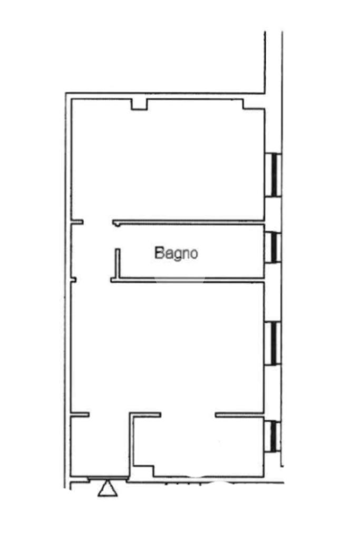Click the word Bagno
[x=176, y=254]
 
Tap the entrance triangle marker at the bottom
[x=108, y=488]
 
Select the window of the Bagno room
[x=273, y=247]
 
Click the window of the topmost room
[x=273, y=175]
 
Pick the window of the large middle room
[x=273, y=343]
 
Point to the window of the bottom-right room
[x=273, y=436]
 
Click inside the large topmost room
[x=168, y=160]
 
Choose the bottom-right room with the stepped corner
[x=199, y=446]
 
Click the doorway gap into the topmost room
[x=98, y=222]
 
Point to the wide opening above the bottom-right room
[x=188, y=414]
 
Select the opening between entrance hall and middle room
[x=110, y=414]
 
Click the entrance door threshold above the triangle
[x=108, y=478]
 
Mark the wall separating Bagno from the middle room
[x=187, y=280]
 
